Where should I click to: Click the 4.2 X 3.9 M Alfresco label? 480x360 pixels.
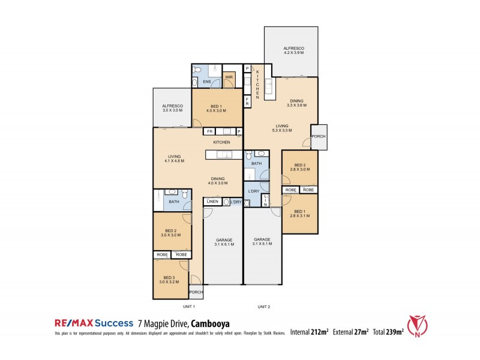294,50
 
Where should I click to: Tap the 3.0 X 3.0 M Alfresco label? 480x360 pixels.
172,108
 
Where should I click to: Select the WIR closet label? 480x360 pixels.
229,77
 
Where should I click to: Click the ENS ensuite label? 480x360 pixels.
206,81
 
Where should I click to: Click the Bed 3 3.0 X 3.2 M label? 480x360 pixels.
170,278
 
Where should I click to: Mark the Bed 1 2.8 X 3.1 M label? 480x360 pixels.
301,213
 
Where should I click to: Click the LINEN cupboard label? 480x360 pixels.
212,202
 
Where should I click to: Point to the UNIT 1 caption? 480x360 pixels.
173,307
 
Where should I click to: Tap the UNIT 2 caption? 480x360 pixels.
264,307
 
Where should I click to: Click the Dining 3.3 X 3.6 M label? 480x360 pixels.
297,103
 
